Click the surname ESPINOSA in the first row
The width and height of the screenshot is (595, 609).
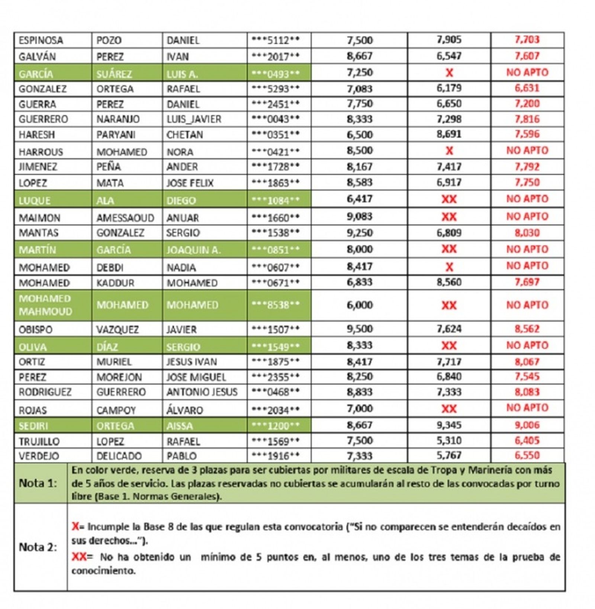coord(41,40)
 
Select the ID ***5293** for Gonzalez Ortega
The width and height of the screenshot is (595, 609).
coord(276,89)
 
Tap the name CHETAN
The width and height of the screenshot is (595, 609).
coord(184,135)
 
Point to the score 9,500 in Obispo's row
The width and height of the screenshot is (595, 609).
coord(360,329)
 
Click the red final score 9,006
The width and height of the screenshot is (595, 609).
coord(527,425)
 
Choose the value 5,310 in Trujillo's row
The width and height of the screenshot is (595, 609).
coord(449,441)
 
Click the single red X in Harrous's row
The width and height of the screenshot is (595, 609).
coord(449,151)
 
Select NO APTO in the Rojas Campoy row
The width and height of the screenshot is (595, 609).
coord(527,408)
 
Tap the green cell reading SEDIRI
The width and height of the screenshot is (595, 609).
coord(33,426)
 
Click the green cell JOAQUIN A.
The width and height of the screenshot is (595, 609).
coord(193,250)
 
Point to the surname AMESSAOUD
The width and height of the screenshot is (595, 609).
coord(125,218)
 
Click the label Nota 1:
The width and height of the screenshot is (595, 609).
coord(38,483)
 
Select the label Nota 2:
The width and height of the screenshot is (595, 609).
coord(38,547)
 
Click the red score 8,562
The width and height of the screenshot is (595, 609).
coord(527,329)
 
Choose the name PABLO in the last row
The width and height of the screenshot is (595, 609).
coord(181,456)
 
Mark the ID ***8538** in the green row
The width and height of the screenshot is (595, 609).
coord(276,305)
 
